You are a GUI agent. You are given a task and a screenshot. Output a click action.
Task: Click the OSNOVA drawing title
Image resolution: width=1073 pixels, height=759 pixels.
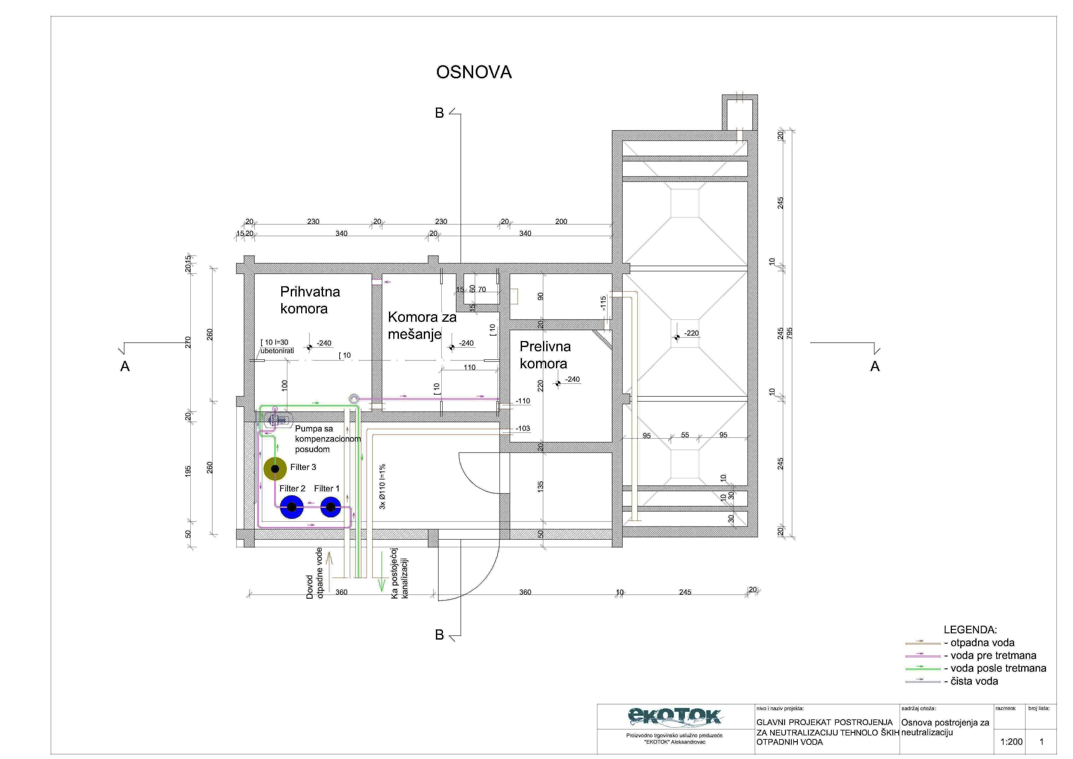pos(474,72)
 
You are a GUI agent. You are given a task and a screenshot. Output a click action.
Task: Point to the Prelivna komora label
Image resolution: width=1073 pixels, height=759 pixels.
pos(545,355)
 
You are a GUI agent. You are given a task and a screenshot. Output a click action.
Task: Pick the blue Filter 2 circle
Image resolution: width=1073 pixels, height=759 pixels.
pos(292,507)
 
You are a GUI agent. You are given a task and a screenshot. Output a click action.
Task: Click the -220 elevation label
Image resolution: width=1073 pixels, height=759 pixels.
pos(691,333)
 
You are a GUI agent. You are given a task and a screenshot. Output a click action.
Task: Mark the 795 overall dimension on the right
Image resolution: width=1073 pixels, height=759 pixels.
pos(790,333)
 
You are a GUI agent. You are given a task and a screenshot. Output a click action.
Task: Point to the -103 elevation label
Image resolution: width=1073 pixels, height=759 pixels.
pos(523,428)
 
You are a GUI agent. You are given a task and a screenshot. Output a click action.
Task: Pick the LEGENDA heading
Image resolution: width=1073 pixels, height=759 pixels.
pos(970,630)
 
